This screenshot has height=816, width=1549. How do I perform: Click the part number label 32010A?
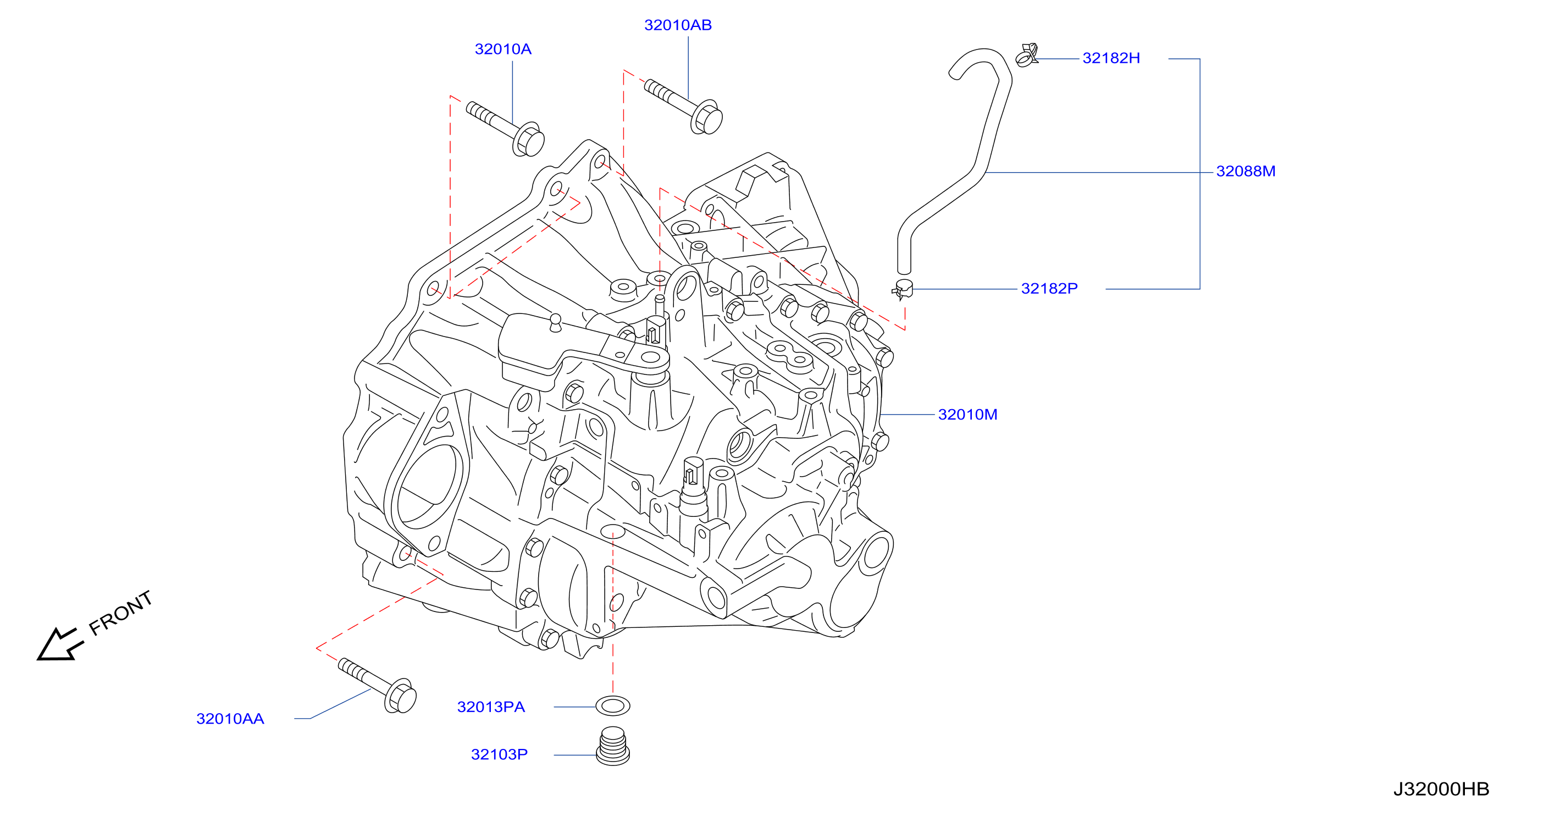(x=503, y=49)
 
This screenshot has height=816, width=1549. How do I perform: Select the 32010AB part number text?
(x=678, y=25)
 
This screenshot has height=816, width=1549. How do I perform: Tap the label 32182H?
(x=1111, y=58)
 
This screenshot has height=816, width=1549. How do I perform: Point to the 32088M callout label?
(x=1246, y=172)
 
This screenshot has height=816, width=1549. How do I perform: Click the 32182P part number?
(x=1049, y=289)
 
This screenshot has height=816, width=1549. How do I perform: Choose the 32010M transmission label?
(x=967, y=414)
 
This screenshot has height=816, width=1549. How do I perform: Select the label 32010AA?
(x=230, y=719)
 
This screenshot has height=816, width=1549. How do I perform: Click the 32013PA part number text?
(x=491, y=707)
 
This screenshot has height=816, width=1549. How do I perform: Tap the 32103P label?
(x=499, y=754)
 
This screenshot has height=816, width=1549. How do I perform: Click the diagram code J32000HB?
(x=1441, y=789)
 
